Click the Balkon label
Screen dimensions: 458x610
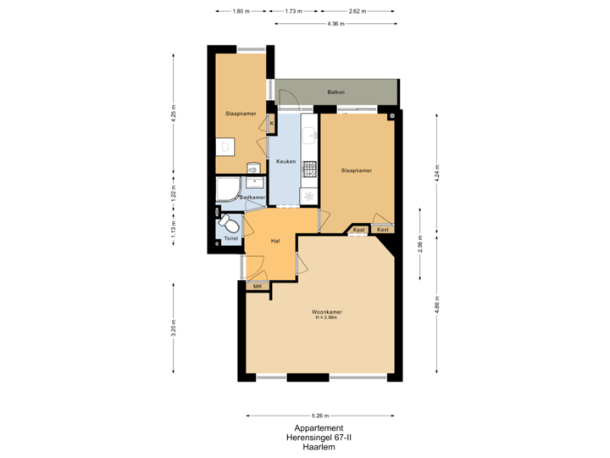[x=335, y=92]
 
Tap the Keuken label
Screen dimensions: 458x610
[x=286, y=161]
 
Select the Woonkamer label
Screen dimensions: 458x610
[x=325, y=313]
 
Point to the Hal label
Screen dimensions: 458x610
[x=275, y=242]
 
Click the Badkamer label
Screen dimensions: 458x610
[x=252, y=198]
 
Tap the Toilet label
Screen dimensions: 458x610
[x=231, y=239]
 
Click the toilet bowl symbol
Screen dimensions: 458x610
[x=229, y=224]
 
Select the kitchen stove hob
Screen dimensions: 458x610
[x=309, y=168]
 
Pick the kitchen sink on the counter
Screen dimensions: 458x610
[x=309, y=134]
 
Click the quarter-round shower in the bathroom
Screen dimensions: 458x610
[x=228, y=190]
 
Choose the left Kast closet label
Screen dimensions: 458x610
[x=358, y=230]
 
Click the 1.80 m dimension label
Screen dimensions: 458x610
[x=241, y=12]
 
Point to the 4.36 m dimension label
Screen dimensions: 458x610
[x=335, y=24]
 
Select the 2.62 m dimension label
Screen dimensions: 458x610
[x=357, y=12]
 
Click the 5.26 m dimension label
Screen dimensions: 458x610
[x=319, y=416]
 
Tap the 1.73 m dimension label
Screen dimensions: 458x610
[x=293, y=12]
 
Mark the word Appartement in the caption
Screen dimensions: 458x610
[x=319, y=427]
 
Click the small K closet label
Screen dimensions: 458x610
[x=272, y=124]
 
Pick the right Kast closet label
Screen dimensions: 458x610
[x=383, y=230]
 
